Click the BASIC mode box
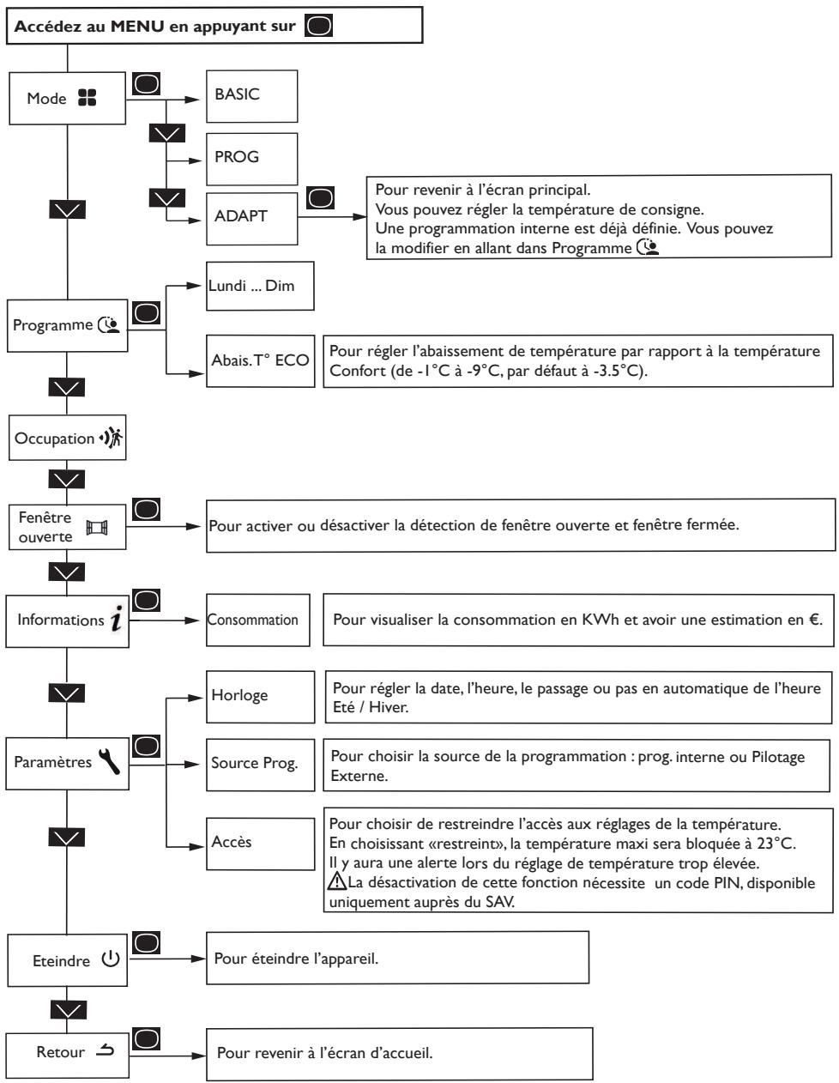coord(251,96)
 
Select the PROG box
coord(251,159)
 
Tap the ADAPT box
coord(251,219)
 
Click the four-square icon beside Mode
coord(88,98)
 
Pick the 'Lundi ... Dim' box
coord(260,286)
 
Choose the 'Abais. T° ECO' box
coord(260,361)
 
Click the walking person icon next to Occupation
coord(112,438)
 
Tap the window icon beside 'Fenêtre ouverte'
coord(97,527)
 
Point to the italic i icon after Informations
coord(117,618)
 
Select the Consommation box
coord(258,620)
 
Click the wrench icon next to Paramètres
coord(109,761)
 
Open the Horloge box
coord(260,697)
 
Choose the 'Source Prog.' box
coord(260,765)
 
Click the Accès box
coord(260,844)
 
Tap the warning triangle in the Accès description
coord(337,880)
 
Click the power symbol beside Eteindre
coord(111,959)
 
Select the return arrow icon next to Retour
coord(106,1050)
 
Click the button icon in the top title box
coord(318,26)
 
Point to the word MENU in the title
coord(137,26)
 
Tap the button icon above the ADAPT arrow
coord(320,198)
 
